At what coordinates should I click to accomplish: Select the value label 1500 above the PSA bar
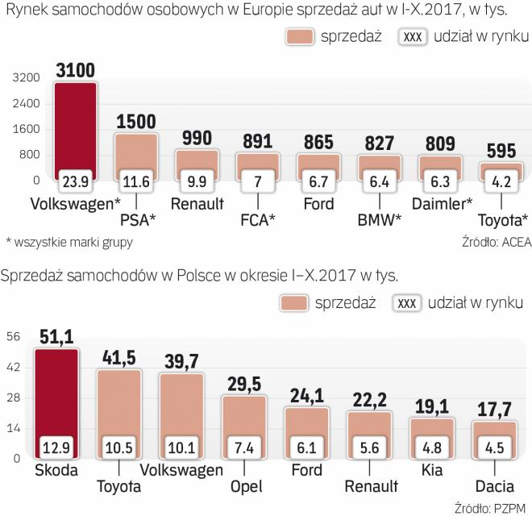coord(136,121)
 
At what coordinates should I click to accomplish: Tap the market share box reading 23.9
coord(75,178)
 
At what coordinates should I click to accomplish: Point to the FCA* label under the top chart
coord(258,218)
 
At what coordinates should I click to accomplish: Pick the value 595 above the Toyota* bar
coord(501,151)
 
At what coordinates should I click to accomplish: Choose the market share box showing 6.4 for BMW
coord(380,178)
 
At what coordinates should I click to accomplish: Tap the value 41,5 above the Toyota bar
coord(118,356)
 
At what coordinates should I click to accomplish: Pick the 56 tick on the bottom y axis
coord(15,338)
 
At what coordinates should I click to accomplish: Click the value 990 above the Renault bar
coord(197,138)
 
